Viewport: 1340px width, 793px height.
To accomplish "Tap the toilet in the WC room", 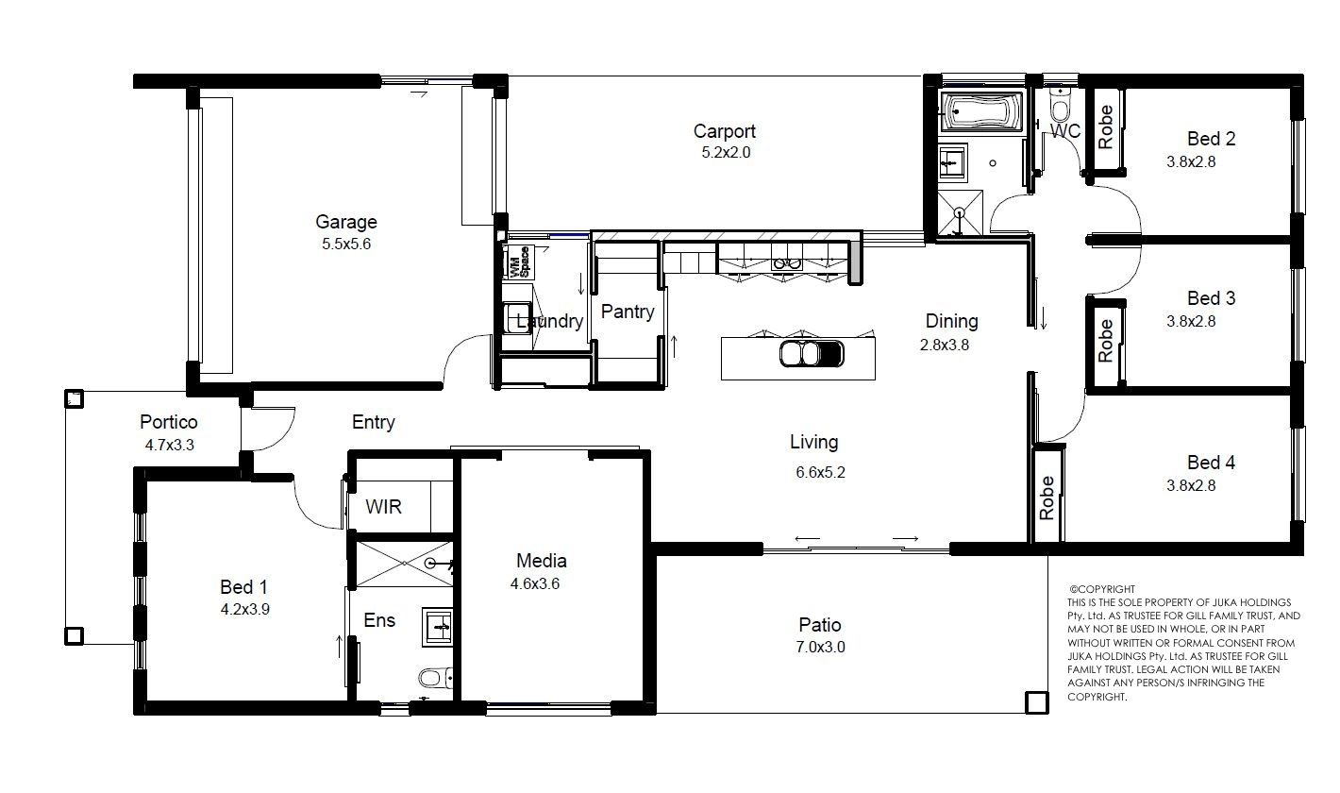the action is pos(1060,107).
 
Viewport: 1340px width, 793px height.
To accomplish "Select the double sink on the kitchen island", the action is pos(812,354).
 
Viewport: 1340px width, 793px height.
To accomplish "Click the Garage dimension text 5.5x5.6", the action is pos(346,244).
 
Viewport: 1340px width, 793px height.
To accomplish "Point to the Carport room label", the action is pos(725,131).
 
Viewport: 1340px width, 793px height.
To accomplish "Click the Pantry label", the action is pos(628,312).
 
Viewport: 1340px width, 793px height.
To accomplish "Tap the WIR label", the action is pos(383,507).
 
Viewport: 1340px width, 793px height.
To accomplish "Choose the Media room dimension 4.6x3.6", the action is pos(535,583).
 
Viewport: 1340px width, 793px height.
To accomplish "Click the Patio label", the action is pos(820,625).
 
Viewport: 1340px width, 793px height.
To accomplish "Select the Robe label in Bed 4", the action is pos(1047,498).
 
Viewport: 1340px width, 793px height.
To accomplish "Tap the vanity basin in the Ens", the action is pos(437,627).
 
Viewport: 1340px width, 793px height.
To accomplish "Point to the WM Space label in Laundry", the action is pos(520,262).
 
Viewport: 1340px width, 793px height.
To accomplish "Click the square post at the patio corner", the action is pos(1037,702).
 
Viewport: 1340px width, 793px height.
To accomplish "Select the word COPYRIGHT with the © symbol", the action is pos(1102,589).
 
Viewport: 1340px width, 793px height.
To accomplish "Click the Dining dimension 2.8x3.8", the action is pos(945,345).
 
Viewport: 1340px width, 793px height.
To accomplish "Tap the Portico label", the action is pos(169,422).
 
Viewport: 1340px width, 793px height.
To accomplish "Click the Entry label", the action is pos(374,423).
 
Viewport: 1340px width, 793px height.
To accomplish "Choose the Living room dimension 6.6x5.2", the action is pos(821,472).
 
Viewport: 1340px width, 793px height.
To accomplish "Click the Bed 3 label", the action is pos(1212,298).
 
